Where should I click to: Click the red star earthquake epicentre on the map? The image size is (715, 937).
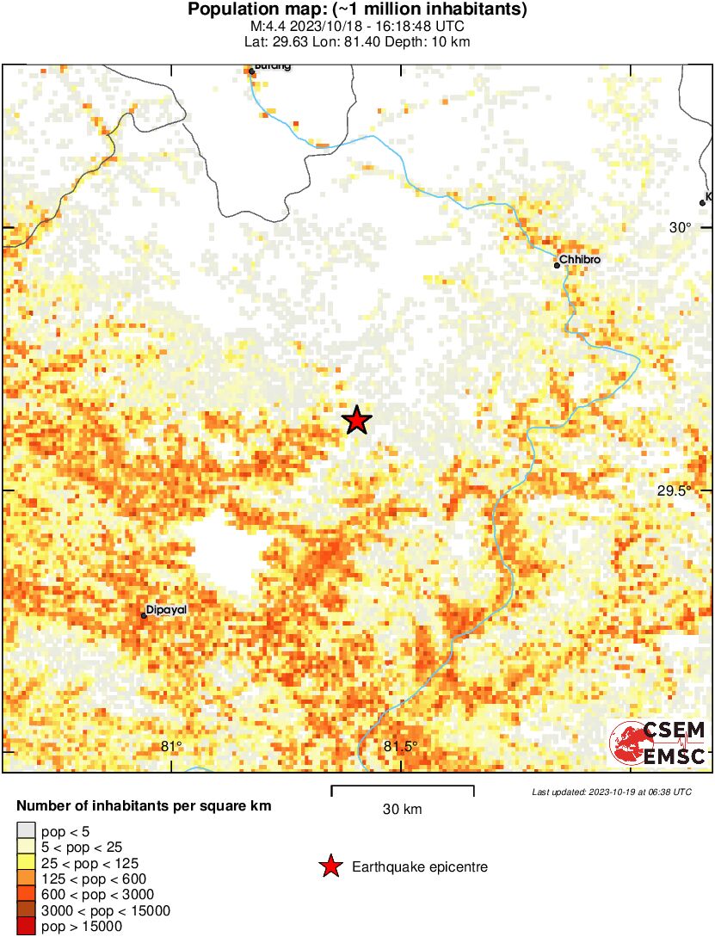tap(357, 420)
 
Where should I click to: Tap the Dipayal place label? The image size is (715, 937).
tap(167, 609)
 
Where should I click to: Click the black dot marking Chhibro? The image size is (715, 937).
tap(557, 265)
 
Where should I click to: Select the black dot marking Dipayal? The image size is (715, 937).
tap(144, 616)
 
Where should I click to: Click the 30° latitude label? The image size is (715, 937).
tap(681, 227)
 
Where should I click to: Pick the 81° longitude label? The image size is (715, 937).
tap(172, 746)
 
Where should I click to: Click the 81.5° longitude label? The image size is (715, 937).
tap(400, 746)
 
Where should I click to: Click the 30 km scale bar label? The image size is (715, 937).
tap(403, 809)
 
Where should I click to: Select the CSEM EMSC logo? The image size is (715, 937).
tap(658, 743)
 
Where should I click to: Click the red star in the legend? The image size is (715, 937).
tap(330, 866)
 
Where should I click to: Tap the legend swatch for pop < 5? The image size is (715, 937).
tap(26, 830)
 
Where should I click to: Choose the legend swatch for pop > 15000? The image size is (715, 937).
tap(26, 926)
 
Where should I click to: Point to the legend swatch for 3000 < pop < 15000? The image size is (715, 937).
tap(26, 910)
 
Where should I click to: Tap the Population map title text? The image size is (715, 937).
tap(357, 10)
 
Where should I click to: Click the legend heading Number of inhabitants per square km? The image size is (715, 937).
tap(145, 807)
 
